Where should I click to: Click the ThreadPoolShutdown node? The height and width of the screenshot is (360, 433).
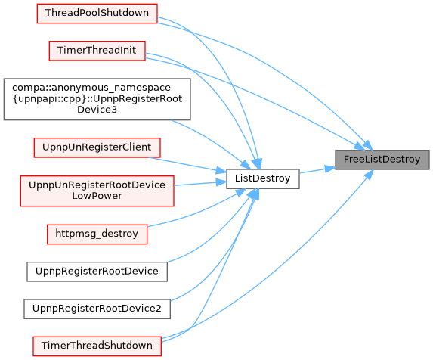click(x=97, y=14)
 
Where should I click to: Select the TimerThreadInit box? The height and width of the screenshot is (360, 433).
click(x=97, y=51)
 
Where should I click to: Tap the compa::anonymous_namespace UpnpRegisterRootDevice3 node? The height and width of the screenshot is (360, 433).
click(x=97, y=99)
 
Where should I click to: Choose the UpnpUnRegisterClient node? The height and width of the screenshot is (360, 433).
click(x=97, y=147)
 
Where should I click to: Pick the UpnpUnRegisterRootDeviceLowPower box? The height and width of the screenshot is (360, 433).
click(x=97, y=191)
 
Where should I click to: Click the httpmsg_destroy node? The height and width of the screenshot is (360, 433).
click(x=97, y=234)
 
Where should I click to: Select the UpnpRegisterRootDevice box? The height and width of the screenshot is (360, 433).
click(x=97, y=272)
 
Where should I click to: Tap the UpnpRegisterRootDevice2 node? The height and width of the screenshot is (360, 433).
click(x=97, y=309)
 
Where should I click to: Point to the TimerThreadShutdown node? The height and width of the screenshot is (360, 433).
click(x=97, y=346)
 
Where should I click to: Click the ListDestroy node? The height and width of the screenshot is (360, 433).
click(x=263, y=178)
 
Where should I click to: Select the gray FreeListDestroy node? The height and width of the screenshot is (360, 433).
click(x=382, y=160)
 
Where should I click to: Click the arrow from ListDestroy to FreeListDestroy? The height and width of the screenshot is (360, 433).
click(x=317, y=170)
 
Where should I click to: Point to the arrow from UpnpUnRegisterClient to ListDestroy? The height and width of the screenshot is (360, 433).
click(x=187, y=165)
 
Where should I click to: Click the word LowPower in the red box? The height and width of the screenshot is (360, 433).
click(x=97, y=196)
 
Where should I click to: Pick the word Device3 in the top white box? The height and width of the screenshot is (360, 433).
click(x=97, y=110)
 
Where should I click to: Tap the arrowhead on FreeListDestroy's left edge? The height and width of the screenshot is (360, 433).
click(x=330, y=169)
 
